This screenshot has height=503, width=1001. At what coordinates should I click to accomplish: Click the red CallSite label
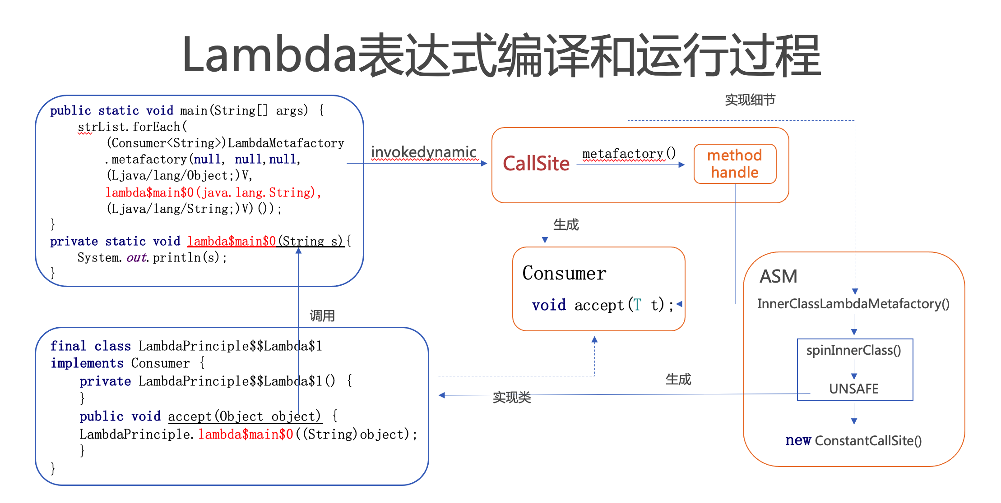coord(536,164)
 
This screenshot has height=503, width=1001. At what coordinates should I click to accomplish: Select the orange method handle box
coord(735,164)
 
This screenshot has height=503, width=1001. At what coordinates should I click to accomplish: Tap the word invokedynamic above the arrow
coord(423,152)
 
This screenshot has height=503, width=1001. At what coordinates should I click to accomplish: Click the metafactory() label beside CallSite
coord(629,154)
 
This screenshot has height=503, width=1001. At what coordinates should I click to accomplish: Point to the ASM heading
coord(778,276)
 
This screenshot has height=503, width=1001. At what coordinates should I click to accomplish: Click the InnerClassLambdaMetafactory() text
coord(853,304)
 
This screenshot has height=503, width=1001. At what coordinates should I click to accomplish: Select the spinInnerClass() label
coord(853,350)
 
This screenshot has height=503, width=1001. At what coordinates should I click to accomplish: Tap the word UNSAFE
coord(853,389)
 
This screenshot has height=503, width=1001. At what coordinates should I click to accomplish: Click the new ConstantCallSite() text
coord(853,440)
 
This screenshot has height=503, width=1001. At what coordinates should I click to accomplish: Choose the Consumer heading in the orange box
coord(564,273)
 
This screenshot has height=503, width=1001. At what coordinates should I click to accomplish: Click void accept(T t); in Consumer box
coord(602,305)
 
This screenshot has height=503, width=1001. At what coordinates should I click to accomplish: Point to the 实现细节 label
coord(750,100)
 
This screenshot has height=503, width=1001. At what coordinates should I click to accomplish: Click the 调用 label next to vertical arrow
coord(322,316)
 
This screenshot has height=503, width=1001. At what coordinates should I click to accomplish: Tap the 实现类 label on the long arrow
coord(511,397)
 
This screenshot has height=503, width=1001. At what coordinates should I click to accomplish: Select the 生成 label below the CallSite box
coord(565,224)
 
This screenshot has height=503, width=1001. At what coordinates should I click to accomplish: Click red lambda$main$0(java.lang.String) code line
coord(213,192)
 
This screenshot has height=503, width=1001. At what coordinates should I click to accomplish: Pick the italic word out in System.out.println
coord(136,257)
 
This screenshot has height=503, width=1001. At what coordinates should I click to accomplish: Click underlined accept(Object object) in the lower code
coord(245,416)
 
